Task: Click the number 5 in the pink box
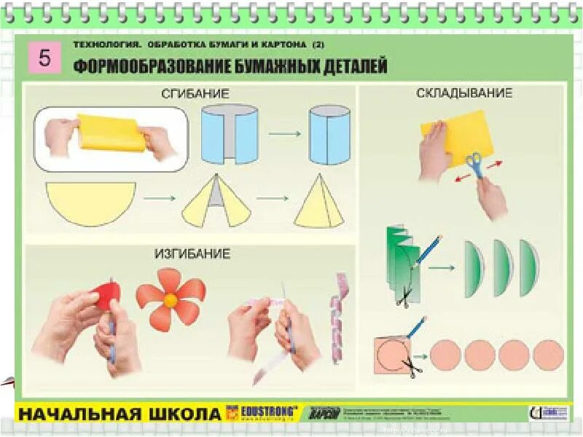[x=44, y=58]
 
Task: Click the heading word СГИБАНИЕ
[x=195, y=94]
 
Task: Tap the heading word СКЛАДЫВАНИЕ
[x=464, y=93]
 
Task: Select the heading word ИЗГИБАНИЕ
[x=192, y=254]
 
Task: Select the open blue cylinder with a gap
[x=230, y=135]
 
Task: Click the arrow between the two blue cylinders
[x=284, y=134]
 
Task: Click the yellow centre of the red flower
[x=171, y=299]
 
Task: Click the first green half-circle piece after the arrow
[x=474, y=269]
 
